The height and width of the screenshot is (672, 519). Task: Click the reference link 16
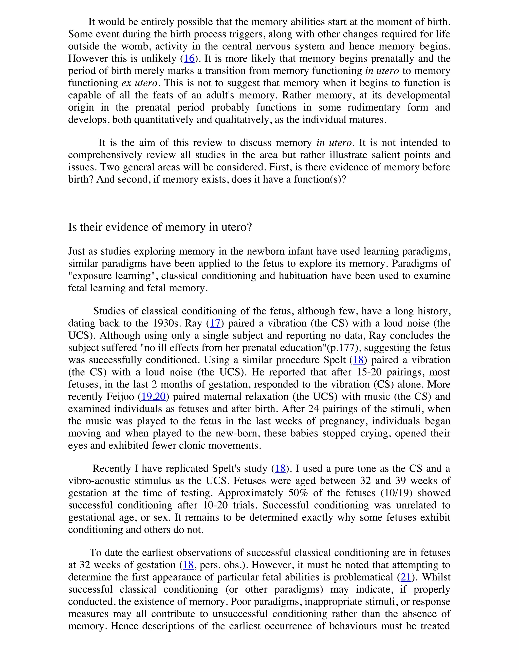[189, 59]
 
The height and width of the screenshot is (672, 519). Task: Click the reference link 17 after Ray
[215, 323]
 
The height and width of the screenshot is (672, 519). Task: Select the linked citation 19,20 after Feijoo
[153, 397]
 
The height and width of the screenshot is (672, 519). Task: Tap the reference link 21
[406, 577]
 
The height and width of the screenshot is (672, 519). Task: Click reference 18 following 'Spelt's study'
[280, 469]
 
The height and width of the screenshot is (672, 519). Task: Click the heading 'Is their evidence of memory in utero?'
[160, 227]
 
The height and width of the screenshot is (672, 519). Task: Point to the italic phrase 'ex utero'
[140, 83]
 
